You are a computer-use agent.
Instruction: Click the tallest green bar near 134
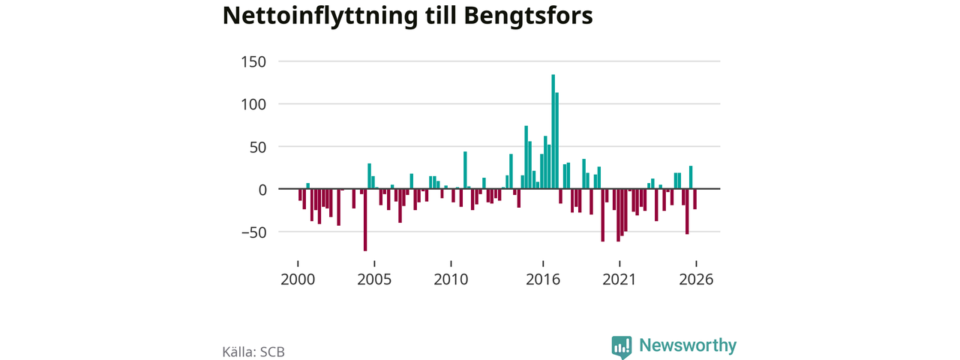pyautogui.click(x=553, y=131)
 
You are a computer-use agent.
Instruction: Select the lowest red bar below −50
pyautogui.click(x=365, y=220)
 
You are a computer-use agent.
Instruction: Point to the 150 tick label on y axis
pyautogui.click(x=253, y=62)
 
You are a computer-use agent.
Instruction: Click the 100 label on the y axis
pyautogui.click(x=253, y=104)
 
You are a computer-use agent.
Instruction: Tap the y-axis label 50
pyautogui.click(x=257, y=148)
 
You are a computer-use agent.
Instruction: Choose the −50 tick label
pyautogui.click(x=253, y=232)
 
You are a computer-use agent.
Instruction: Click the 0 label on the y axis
pyautogui.click(x=262, y=190)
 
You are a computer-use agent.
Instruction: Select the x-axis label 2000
pyautogui.click(x=298, y=280)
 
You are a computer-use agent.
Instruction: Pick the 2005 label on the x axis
pyautogui.click(x=374, y=280)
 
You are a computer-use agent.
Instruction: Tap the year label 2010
pyautogui.click(x=451, y=280)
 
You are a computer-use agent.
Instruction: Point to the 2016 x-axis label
pyautogui.click(x=543, y=280)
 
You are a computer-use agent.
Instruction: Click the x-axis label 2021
pyautogui.click(x=619, y=280)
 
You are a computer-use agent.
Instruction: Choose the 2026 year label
pyautogui.click(x=696, y=280)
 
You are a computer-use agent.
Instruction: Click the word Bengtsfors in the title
pyautogui.click(x=528, y=16)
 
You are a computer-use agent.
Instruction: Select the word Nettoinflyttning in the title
pyautogui.click(x=320, y=16)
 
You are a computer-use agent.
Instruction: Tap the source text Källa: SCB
pyautogui.click(x=253, y=352)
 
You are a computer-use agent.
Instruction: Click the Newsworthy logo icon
pyautogui.click(x=622, y=347)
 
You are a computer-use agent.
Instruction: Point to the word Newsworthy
pyautogui.click(x=688, y=346)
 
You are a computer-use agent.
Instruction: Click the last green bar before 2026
pyautogui.click(x=691, y=178)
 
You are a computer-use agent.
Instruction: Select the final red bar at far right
pyautogui.click(x=694, y=199)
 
